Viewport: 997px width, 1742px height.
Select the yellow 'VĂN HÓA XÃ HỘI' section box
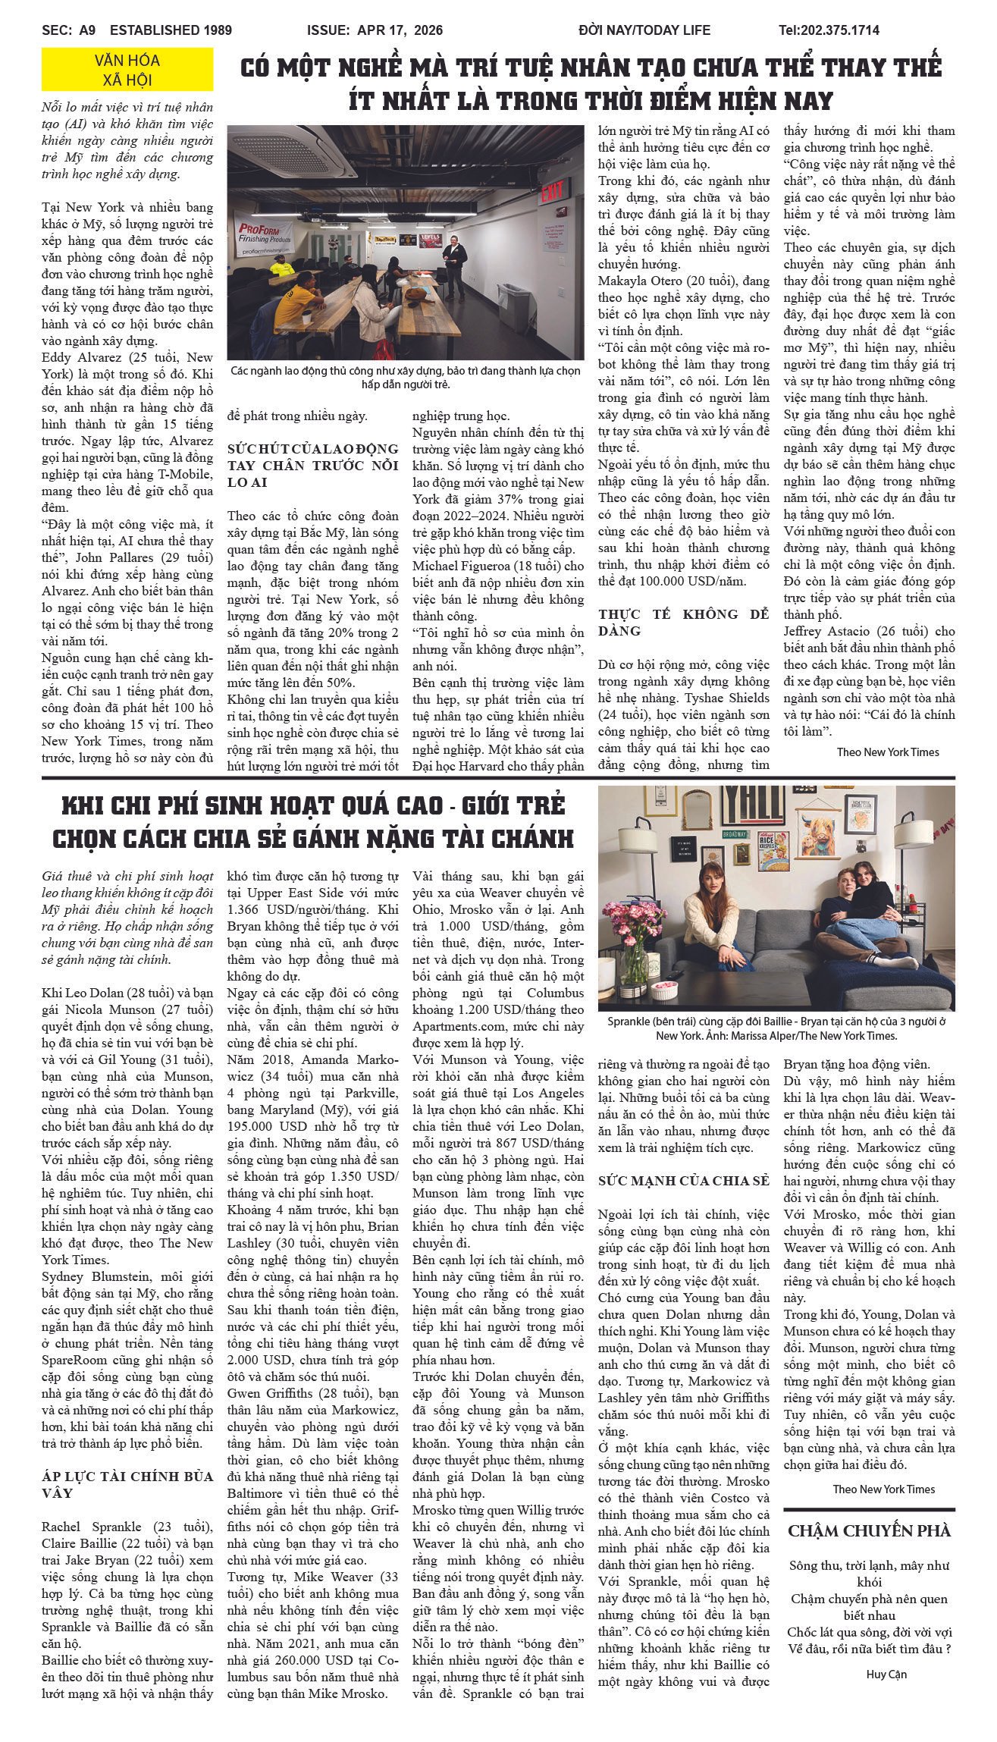127,70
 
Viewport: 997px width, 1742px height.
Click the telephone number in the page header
829,30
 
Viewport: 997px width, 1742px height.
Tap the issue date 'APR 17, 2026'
375,30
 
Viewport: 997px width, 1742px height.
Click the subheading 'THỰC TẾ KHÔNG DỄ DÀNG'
683,622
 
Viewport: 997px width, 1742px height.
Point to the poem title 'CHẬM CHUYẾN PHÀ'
869,1530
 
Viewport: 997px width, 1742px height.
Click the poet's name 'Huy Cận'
886,1675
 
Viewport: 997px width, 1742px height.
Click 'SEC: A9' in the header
69,30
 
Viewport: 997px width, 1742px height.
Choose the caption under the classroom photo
406,377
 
